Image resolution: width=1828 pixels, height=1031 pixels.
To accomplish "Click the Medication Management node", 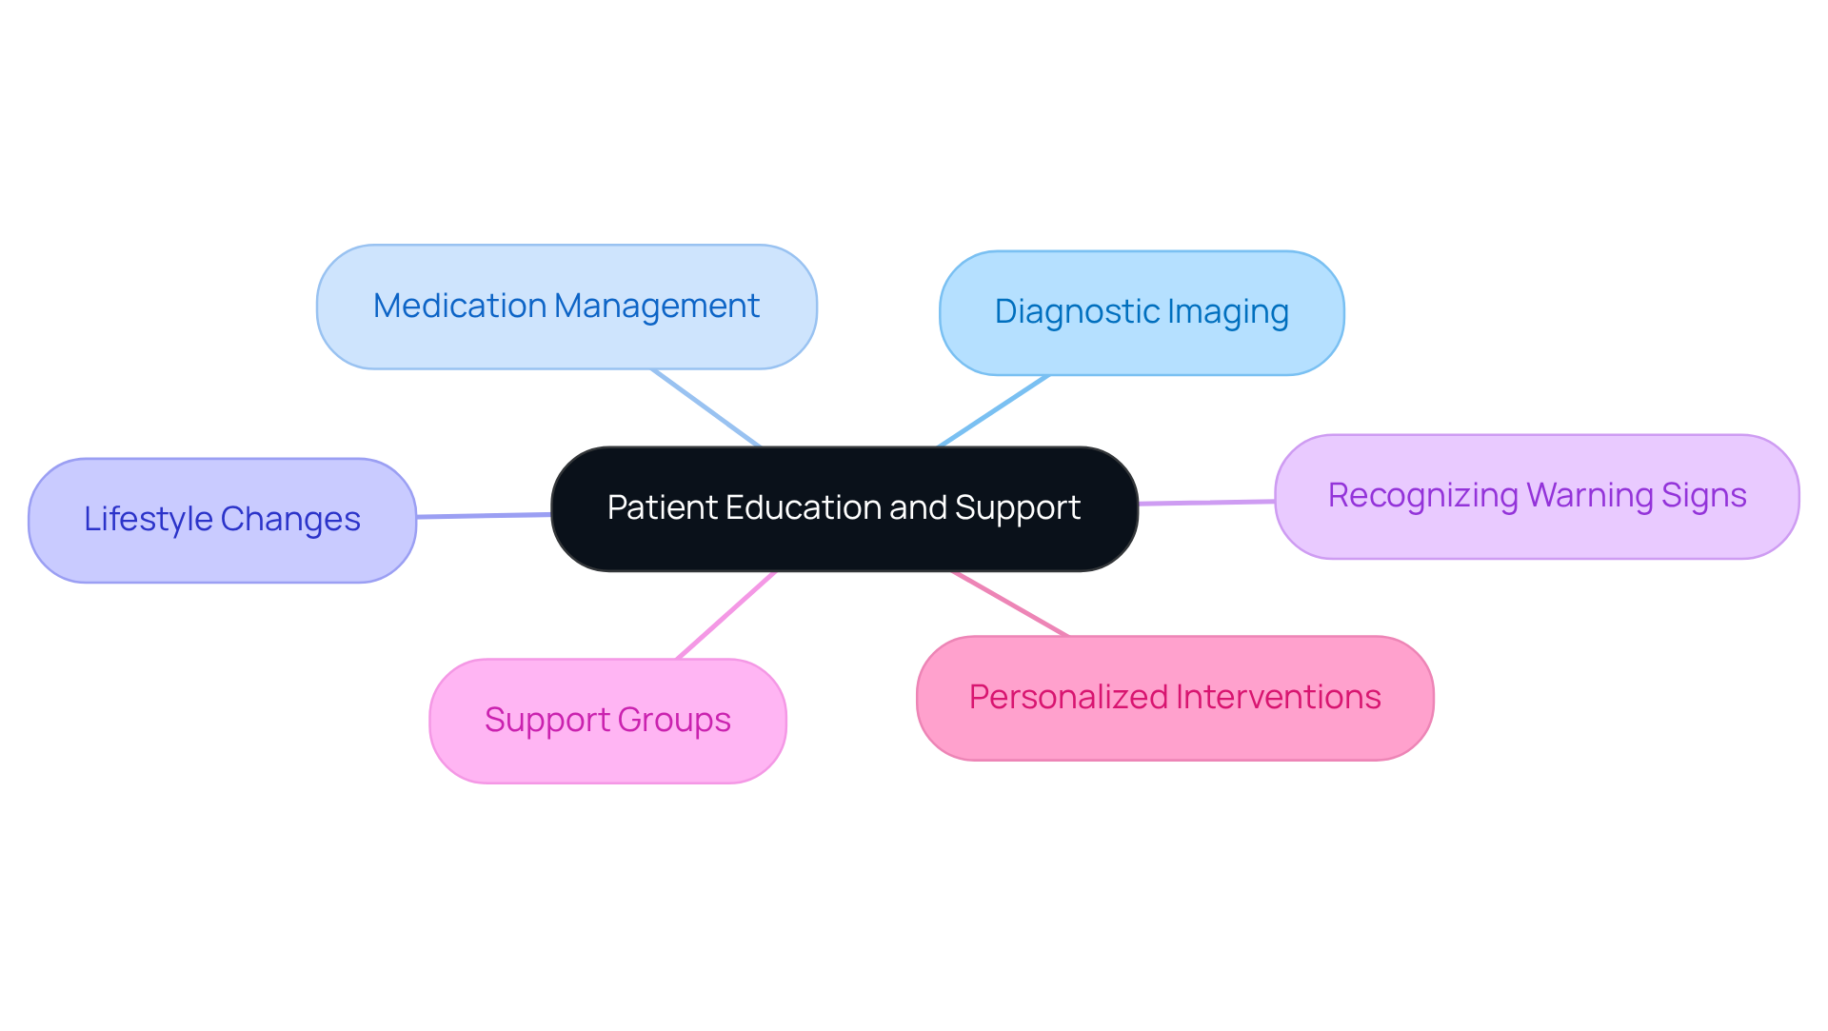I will coord(566,307).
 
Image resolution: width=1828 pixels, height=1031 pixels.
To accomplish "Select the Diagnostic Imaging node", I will coord(1142,312).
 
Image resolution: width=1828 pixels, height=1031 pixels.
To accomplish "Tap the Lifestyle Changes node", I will coord(222,520).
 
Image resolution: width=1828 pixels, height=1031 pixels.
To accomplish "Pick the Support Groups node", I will coord(607,721).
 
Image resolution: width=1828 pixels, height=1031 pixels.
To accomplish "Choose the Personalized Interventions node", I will coord(1175,698).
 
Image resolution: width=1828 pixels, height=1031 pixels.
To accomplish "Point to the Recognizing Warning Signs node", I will coord(1537,496).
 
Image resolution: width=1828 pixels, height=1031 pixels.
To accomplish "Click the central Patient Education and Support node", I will coord(844,508).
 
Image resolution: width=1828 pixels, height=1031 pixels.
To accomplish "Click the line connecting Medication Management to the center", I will coord(705,407).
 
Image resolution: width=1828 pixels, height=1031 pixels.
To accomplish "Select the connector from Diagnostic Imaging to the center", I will coord(994,410).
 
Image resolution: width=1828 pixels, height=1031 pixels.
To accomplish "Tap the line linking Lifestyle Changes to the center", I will coord(484,515).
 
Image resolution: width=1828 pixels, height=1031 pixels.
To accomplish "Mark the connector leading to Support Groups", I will coord(726,615).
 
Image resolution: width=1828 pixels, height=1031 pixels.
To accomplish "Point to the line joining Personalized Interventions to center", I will coord(1009,604).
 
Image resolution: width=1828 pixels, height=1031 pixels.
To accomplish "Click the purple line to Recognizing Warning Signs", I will coord(1206,502).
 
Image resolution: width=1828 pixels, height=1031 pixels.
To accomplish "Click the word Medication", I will coord(459,307).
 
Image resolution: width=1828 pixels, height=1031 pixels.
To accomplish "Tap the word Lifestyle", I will coord(148,520).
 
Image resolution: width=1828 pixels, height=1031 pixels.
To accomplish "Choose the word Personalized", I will coord(1068,698).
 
